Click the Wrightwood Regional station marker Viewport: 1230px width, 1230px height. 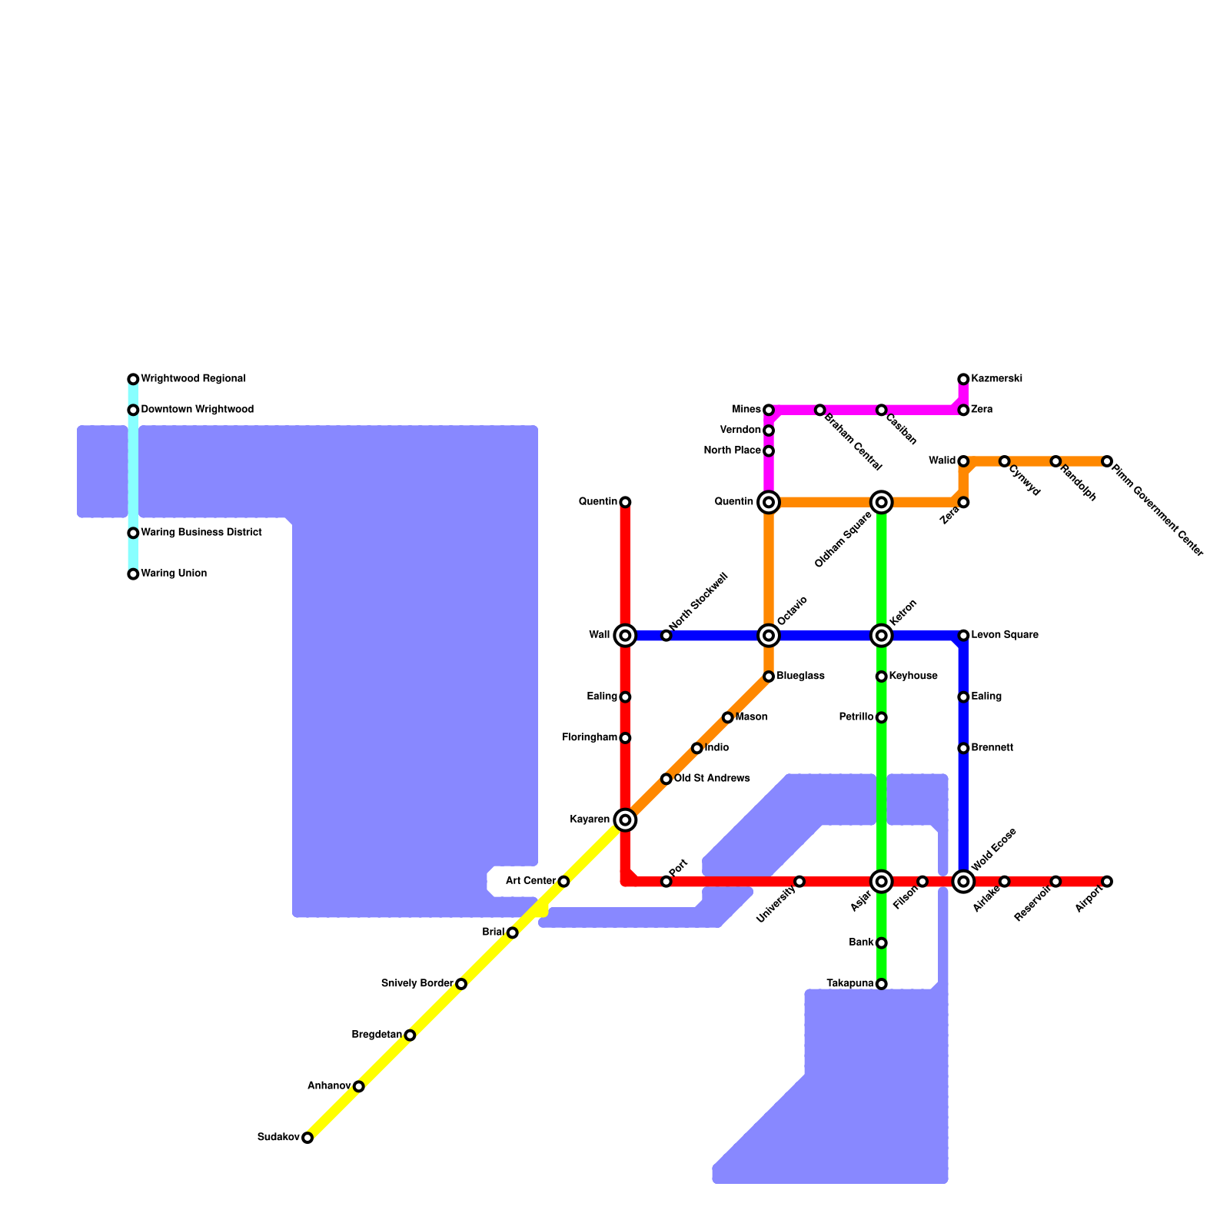click(133, 379)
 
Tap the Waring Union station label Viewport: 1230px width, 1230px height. click(174, 573)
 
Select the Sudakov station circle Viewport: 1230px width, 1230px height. click(307, 1138)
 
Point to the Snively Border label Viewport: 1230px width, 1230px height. click(417, 983)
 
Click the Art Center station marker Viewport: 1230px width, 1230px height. click(563, 881)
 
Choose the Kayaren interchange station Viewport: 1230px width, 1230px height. click(626, 820)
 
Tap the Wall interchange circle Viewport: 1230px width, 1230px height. click(626, 635)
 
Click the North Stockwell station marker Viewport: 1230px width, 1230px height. click(667, 635)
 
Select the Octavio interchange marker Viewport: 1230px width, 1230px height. click(769, 635)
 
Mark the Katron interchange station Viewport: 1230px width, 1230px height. click(882, 635)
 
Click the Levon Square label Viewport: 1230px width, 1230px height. click(1005, 635)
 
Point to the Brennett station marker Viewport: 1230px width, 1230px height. click(963, 748)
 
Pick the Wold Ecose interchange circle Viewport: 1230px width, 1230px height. click(963, 881)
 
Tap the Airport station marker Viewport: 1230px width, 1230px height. click(1107, 881)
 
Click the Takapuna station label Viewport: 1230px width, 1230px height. click(849, 983)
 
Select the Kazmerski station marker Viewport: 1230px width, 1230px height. click(963, 379)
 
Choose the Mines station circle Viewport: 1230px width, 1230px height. click(769, 410)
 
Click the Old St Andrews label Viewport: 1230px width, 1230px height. click(712, 779)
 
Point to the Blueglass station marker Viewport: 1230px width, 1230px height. click(769, 676)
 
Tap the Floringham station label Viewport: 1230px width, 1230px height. click(590, 738)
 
